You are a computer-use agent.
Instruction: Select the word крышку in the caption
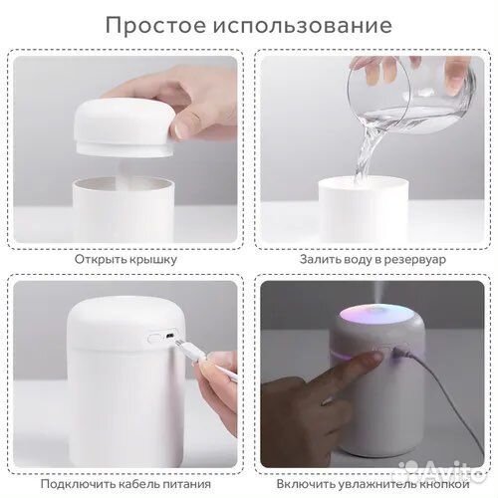[152, 259]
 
